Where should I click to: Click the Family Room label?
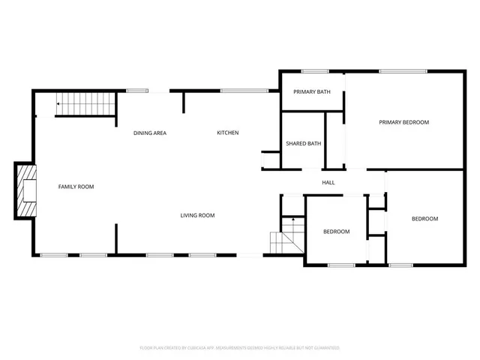click(76, 186)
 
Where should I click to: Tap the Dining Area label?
click(150, 133)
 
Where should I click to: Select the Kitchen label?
click(228, 133)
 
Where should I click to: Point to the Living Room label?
click(197, 215)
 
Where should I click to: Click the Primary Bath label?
click(312, 91)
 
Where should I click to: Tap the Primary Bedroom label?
click(403, 122)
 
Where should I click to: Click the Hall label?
click(328, 182)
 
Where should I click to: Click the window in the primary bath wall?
click(315, 71)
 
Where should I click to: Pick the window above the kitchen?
click(244, 91)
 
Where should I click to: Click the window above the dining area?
click(137, 91)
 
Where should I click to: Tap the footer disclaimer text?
click(240, 348)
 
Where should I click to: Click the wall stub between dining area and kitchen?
click(184, 102)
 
